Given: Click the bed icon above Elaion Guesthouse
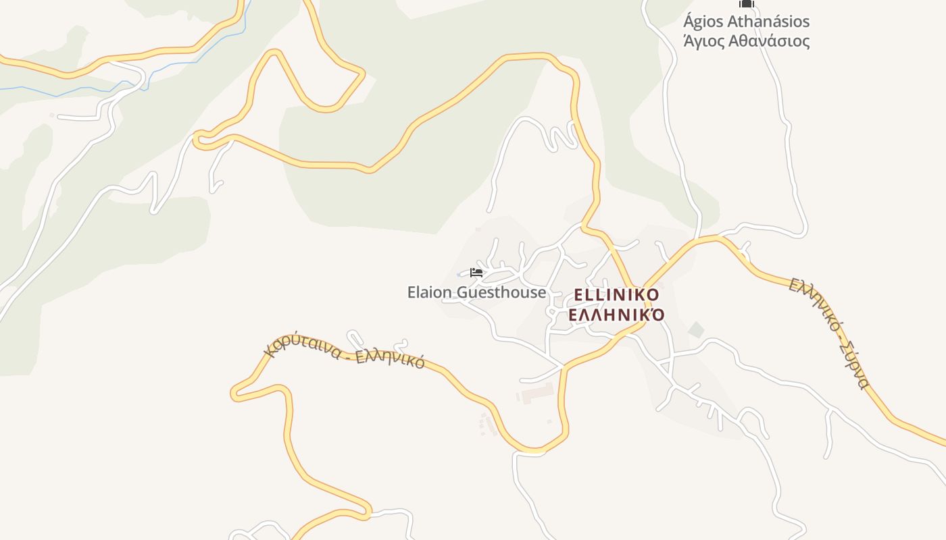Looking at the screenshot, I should [x=476, y=272].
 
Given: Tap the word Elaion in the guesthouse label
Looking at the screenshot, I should [x=430, y=292].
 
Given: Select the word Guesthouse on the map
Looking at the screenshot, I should [x=501, y=292].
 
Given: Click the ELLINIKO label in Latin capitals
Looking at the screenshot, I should [x=616, y=295].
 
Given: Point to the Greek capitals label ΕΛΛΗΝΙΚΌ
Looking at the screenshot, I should [x=616, y=315].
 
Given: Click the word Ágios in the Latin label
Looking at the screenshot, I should [x=705, y=22].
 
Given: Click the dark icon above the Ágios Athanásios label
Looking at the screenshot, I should [x=746, y=4].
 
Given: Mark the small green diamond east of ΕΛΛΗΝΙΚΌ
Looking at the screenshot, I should [x=695, y=330].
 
